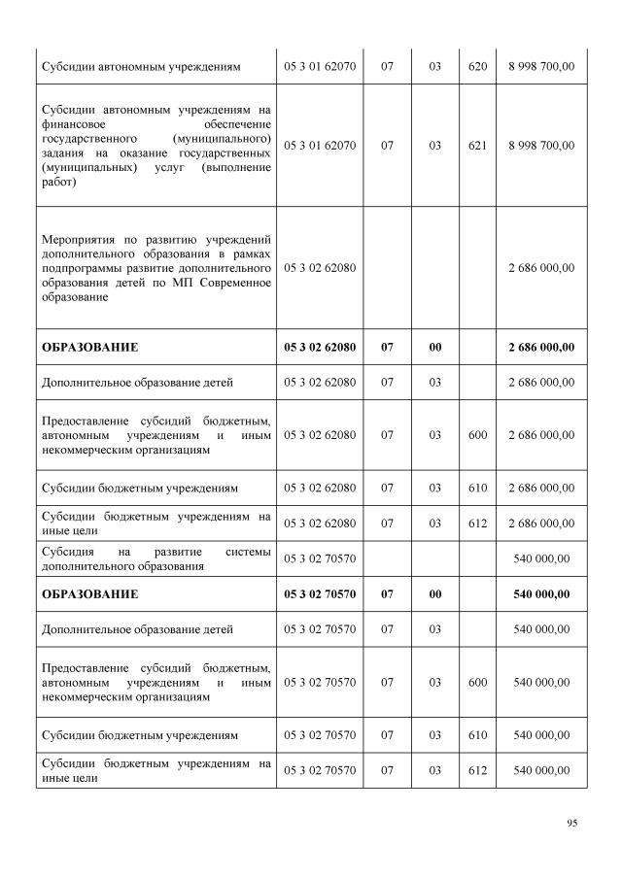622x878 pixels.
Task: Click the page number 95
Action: (x=572, y=824)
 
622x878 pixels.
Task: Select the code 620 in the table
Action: (x=477, y=67)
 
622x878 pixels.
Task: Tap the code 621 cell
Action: (x=477, y=146)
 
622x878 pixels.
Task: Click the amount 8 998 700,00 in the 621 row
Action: (x=541, y=146)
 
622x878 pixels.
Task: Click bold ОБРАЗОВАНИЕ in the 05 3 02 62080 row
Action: (x=89, y=347)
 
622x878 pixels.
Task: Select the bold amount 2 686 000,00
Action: (x=541, y=347)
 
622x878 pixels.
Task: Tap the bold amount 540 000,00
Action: (x=541, y=593)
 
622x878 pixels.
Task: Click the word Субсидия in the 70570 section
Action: (x=66, y=551)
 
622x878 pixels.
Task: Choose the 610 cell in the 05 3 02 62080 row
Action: (x=477, y=488)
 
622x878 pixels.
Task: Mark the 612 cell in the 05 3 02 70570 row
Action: (x=477, y=770)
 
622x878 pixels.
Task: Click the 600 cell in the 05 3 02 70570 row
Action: (x=477, y=683)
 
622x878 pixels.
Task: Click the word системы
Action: (x=248, y=551)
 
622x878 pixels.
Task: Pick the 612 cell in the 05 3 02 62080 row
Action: (x=477, y=523)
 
